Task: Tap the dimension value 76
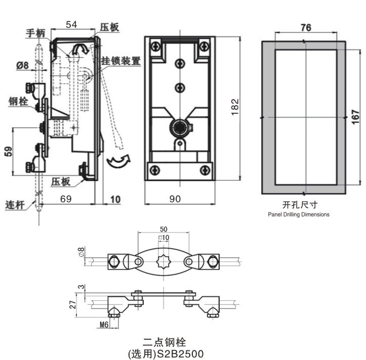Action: pos(305,28)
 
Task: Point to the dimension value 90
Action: pos(175,199)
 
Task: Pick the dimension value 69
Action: pos(66,199)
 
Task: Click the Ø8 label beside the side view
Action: pos(22,65)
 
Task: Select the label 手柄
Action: pos(35,33)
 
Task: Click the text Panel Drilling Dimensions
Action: pos(299,214)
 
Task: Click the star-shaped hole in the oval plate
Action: pos(163,262)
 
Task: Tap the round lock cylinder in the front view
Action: pos(180,125)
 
